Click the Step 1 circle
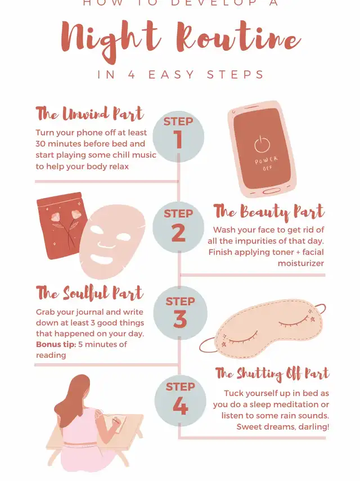tap(178, 137)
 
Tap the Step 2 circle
tap(178, 227)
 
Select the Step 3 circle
tap(180, 313)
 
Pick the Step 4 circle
tap(181, 401)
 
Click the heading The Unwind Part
tap(89, 114)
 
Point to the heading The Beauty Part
tap(269, 212)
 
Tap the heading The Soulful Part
tap(89, 293)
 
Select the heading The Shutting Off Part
tap(272, 374)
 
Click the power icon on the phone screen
tap(262, 144)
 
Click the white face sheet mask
tap(112, 241)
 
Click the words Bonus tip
tap(56, 344)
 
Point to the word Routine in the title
tap(238, 38)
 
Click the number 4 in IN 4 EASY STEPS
tap(132, 75)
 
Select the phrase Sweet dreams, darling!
tap(283, 426)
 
